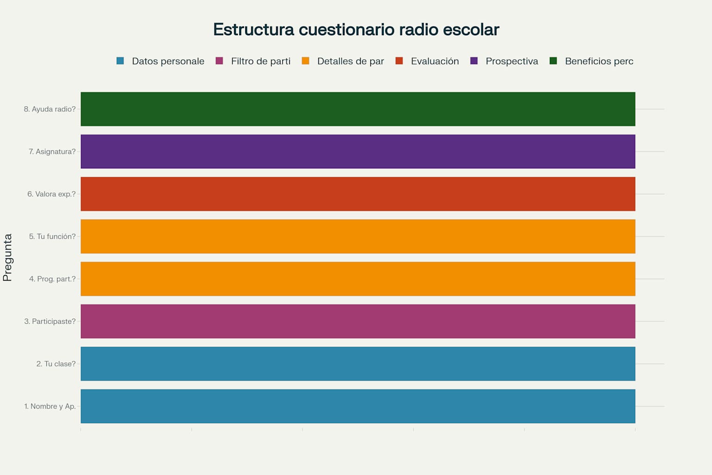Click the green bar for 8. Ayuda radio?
pos(358,109)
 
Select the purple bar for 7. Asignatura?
pos(358,152)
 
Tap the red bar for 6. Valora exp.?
pos(358,194)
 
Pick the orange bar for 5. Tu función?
pos(358,237)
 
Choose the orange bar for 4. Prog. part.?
pos(358,279)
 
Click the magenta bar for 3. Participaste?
pos(358,321)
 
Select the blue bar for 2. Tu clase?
pos(358,364)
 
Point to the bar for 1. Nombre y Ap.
pos(358,406)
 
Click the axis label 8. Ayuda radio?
pos(50,109)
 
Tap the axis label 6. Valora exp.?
pos(51,194)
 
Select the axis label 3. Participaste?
pos(50,321)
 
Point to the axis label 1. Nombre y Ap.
pos(50,406)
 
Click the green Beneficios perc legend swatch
pos(553,61)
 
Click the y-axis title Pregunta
pos(7,257)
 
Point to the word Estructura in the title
pos(254,30)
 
